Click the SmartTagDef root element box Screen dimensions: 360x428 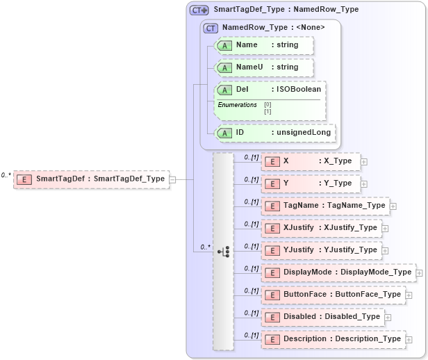[x=91, y=179]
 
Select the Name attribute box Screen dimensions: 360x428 [x=264, y=45]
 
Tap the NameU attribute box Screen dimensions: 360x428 [x=264, y=67]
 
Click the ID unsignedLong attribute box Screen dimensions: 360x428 [x=275, y=133]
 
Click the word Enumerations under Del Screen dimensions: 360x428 [x=237, y=105]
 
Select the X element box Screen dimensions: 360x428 [x=310, y=161]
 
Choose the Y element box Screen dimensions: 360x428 [x=310, y=183]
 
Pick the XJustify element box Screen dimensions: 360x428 [x=321, y=228]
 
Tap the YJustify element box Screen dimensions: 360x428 [x=321, y=250]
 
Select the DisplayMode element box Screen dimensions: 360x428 [x=338, y=272]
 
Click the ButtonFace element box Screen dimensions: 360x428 [x=333, y=295]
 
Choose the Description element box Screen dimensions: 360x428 [x=333, y=339]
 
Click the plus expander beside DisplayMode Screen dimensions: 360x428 [x=419, y=273]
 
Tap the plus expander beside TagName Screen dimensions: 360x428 [x=393, y=206]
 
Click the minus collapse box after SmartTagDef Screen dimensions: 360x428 [x=172, y=179]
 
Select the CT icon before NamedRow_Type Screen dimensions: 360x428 [x=211, y=28]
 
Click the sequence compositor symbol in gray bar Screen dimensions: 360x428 [x=224, y=251]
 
